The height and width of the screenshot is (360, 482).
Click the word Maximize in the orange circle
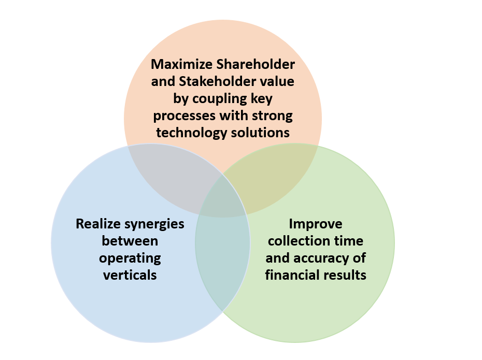click(x=182, y=65)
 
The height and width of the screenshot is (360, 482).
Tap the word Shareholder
click(x=256, y=65)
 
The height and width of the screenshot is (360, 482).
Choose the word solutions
click(x=260, y=133)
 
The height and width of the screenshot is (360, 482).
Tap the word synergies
click(x=154, y=224)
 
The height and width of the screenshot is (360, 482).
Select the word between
click(x=130, y=241)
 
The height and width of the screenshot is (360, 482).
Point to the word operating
click(x=130, y=258)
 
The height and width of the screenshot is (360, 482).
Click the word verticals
click(x=130, y=275)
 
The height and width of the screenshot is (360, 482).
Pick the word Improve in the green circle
click(x=316, y=224)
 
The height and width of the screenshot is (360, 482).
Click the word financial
click(x=294, y=275)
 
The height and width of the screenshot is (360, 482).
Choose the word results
click(x=346, y=275)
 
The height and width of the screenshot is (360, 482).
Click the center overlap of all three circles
click(x=223, y=199)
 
